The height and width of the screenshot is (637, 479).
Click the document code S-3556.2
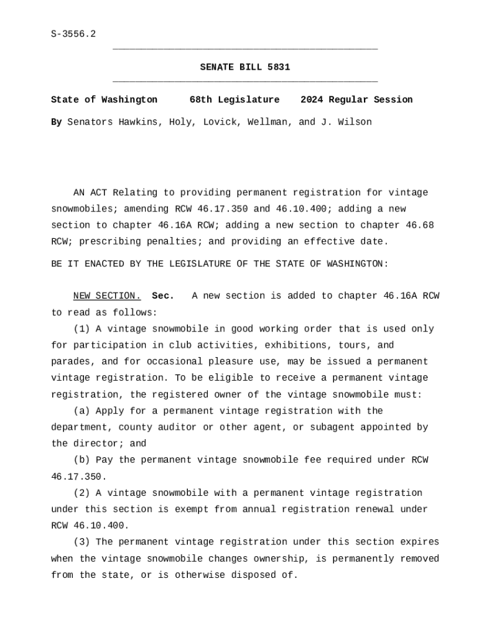(x=73, y=34)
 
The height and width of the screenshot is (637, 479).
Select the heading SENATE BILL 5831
(x=244, y=67)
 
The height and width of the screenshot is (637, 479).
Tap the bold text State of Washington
(x=104, y=100)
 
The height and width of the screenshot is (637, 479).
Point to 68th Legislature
(x=234, y=100)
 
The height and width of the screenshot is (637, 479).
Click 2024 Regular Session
(x=356, y=100)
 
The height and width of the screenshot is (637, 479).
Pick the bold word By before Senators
(x=56, y=123)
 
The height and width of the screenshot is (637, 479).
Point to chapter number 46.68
(x=420, y=225)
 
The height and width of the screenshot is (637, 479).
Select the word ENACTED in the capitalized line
(x=101, y=264)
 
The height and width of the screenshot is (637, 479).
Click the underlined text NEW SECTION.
(x=107, y=296)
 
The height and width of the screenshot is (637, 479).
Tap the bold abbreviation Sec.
(x=163, y=296)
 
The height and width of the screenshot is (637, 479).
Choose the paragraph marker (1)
(x=81, y=329)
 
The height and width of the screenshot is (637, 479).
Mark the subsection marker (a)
(x=81, y=411)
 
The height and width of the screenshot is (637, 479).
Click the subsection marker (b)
(x=81, y=460)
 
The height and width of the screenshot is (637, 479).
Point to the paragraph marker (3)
(x=81, y=542)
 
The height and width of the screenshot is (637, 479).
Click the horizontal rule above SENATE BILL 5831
(x=244, y=49)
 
